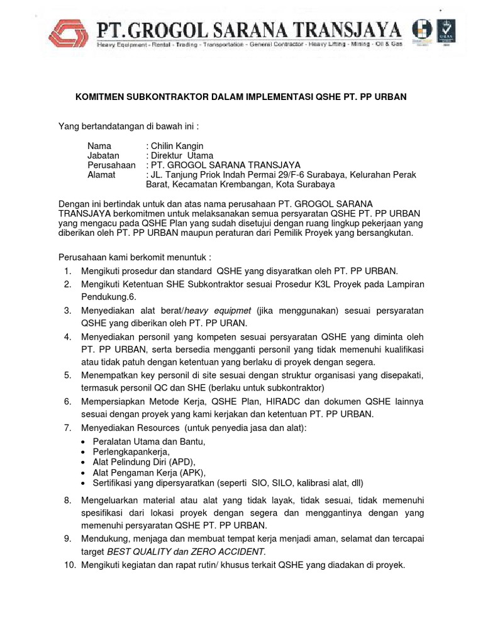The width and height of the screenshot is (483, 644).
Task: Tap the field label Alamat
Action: click(x=101, y=175)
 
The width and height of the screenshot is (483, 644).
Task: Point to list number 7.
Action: click(x=67, y=428)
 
